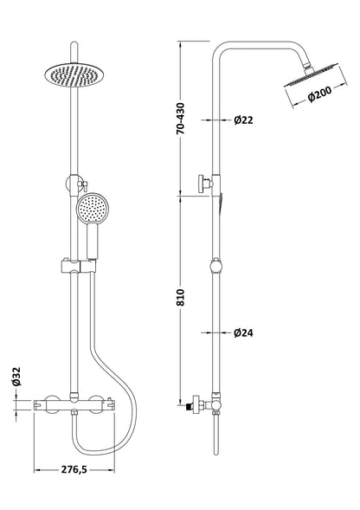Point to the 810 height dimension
click(x=179, y=297)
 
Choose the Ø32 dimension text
click(x=15, y=377)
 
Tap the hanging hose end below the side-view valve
click(x=213, y=437)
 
